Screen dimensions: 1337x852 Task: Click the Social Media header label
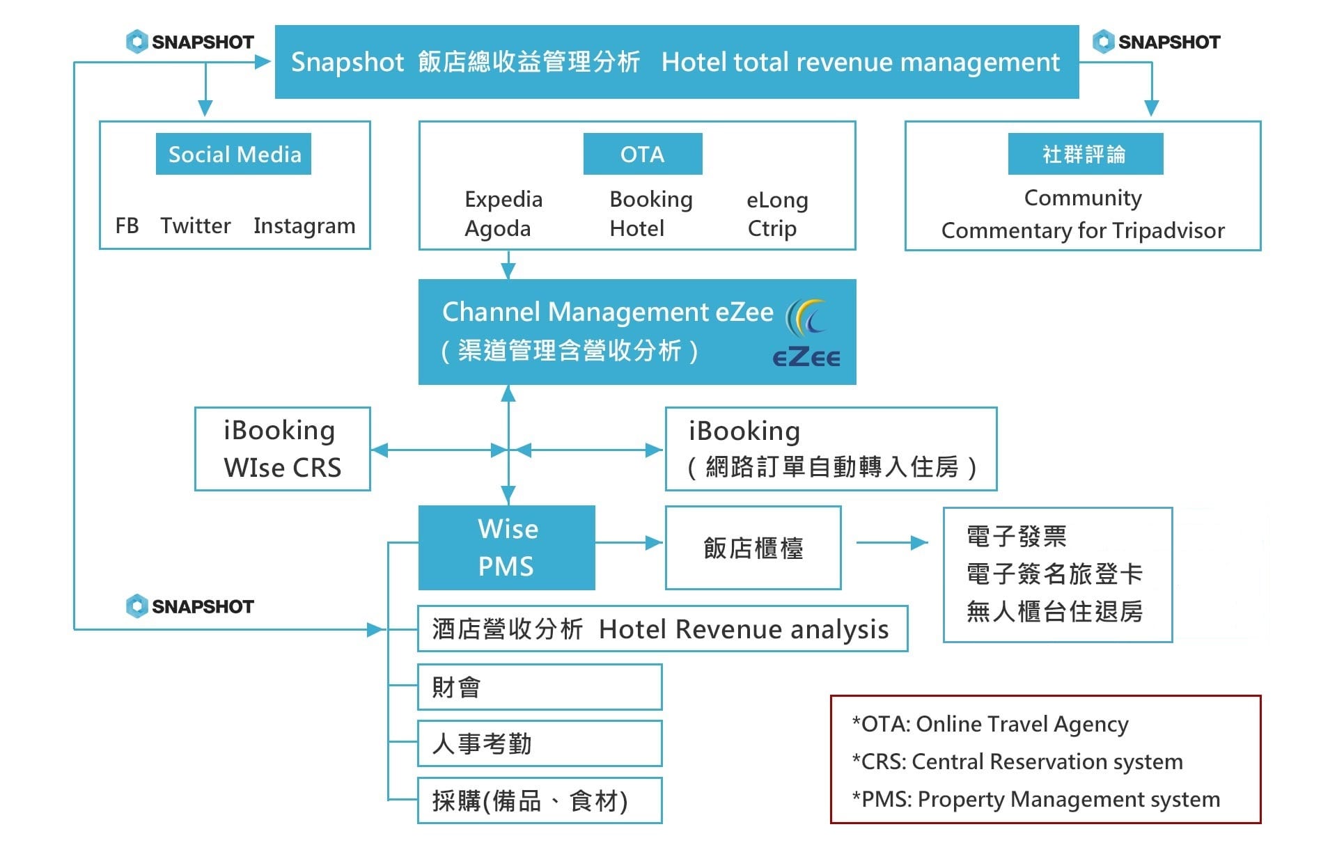point(233,154)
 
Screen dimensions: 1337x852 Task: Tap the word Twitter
point(195,226)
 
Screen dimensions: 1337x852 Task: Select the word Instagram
point(304,226)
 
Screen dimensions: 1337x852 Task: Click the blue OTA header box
point(643,154)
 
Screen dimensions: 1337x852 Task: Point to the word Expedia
point(503,200)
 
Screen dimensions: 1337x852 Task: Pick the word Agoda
point(498,229)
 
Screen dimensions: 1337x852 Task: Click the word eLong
point(777,200)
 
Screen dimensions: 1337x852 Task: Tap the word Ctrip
point(772,228)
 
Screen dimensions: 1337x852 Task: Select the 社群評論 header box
point(1086,154)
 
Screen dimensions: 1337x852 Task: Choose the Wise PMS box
point(507,548)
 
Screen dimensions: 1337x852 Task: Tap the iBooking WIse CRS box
point(283,449)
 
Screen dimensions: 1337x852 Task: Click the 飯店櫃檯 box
point(753,548)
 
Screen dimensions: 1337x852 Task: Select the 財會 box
point(540,687)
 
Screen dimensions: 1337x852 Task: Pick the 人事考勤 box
point(540,743)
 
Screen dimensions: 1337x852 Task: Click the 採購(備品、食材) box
point(540,800)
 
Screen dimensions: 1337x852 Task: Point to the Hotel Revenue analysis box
point(662,629)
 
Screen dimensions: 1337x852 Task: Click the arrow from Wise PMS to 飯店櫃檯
point(629,542)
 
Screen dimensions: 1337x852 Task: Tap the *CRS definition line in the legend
point(1017,762)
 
